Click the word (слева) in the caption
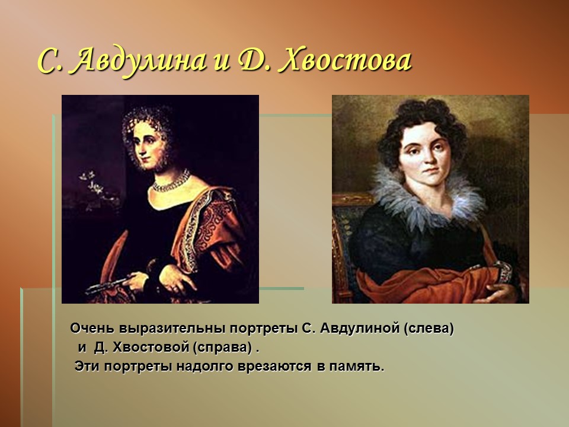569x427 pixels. pos(429,328)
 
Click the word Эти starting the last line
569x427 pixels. pos(87,367)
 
